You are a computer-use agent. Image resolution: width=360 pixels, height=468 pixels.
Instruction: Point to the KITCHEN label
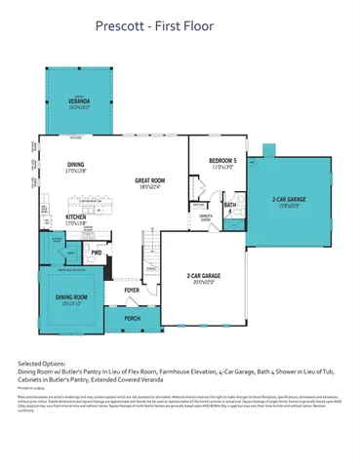tap(75, 220)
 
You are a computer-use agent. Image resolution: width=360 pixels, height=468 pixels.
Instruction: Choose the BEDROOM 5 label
tap(222, 163)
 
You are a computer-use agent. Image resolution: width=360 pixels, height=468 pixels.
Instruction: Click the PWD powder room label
tap(96, 253)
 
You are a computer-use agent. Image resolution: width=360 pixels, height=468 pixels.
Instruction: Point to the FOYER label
tap(133, 291)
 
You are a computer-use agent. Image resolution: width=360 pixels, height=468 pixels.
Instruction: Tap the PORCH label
tap(132, 318)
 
